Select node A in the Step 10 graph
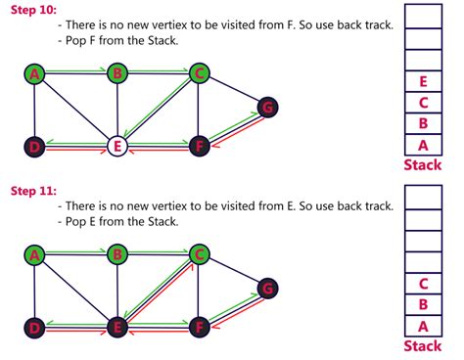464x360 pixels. [x=34, y=73]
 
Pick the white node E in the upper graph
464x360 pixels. [x=117, y=146]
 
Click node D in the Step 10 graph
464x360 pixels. [x=34, y=146]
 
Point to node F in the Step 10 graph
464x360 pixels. [x=199, y=146]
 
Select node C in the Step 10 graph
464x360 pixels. [x=199, y=73]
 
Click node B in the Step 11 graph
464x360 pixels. [x=117, y=254]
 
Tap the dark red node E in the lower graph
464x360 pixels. [x=117, y=327]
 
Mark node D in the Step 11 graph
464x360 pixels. [x=34, y=327]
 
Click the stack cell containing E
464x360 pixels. [x=423, y=82]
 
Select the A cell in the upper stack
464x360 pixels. [x=423, y=146]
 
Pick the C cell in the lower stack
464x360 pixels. [x=423, y=285]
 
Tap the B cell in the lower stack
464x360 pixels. [x=423, y=305]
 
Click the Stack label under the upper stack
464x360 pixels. [x=423, y=165]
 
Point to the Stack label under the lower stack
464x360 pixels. [x=423, y=346]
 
